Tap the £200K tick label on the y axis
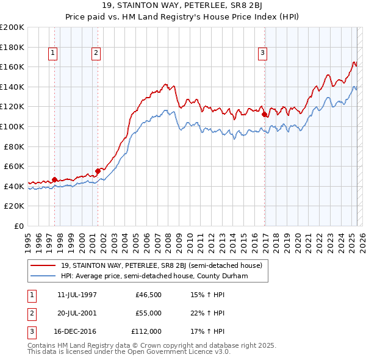(x=12, y=27)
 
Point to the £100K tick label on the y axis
(x=12, y=126)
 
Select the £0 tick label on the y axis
(x=18, y=226)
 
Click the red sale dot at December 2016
(x=264, y=114)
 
